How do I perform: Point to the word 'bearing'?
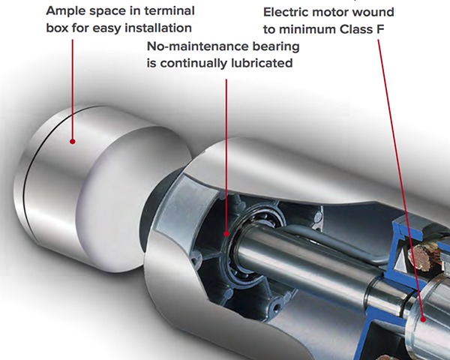pos(276,46)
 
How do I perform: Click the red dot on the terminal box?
pos(73,141)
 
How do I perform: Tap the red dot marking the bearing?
pos(226,234)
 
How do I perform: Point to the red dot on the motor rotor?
pos(423,319)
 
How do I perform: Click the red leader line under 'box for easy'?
pos(72,89)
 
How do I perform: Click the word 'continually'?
pos(193,63)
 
